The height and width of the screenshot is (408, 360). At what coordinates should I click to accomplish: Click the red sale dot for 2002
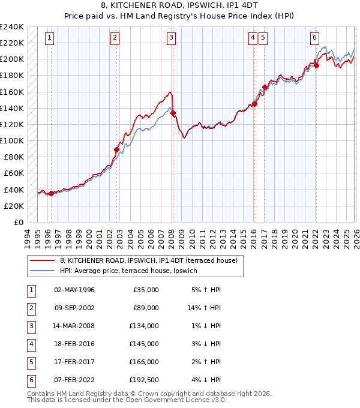pyautogui.click(x=116, y=149)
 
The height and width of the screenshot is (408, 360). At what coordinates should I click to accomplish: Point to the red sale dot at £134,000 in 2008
pyautogui.click(x=173, y=113)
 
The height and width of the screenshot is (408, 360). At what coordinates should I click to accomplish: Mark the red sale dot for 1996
pyautogui.click(x=51, y=193)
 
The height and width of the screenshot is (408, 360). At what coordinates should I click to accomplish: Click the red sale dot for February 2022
pyautogui.click(x=316, y=65)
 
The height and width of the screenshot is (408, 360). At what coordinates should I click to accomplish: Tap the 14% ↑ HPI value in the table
pyautogui.click(x=204, y=308)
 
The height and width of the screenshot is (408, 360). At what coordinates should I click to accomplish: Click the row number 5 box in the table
pyautogui.click(x=29, y=362)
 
